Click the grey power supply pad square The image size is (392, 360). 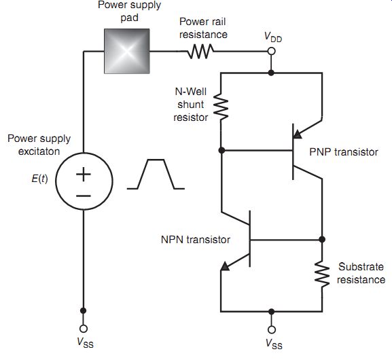[127, 51]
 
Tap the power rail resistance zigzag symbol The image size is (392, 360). [200, 51]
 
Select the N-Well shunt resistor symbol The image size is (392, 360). [221, 107]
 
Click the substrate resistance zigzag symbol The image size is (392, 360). [322, 274]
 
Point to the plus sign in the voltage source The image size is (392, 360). [84, 174]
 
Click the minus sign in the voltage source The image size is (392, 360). [84, 196]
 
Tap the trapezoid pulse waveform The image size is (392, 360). [156, 174]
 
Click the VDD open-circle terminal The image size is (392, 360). [271, 51]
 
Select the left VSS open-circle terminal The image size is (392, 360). [84, 328]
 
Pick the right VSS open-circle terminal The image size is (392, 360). [272, 329]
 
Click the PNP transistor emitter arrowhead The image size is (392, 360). [298, 134]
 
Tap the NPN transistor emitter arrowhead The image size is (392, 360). [225, 266]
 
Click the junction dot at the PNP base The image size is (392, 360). [221, 150]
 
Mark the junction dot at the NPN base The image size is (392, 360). [322, 240]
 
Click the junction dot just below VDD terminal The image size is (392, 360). [271, 73]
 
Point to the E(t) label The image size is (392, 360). [39, 179]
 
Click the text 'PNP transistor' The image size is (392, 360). [344, 152]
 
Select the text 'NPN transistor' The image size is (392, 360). [196, 240]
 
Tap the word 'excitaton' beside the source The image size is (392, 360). [39, 151]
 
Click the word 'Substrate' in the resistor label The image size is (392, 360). [361, 267]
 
